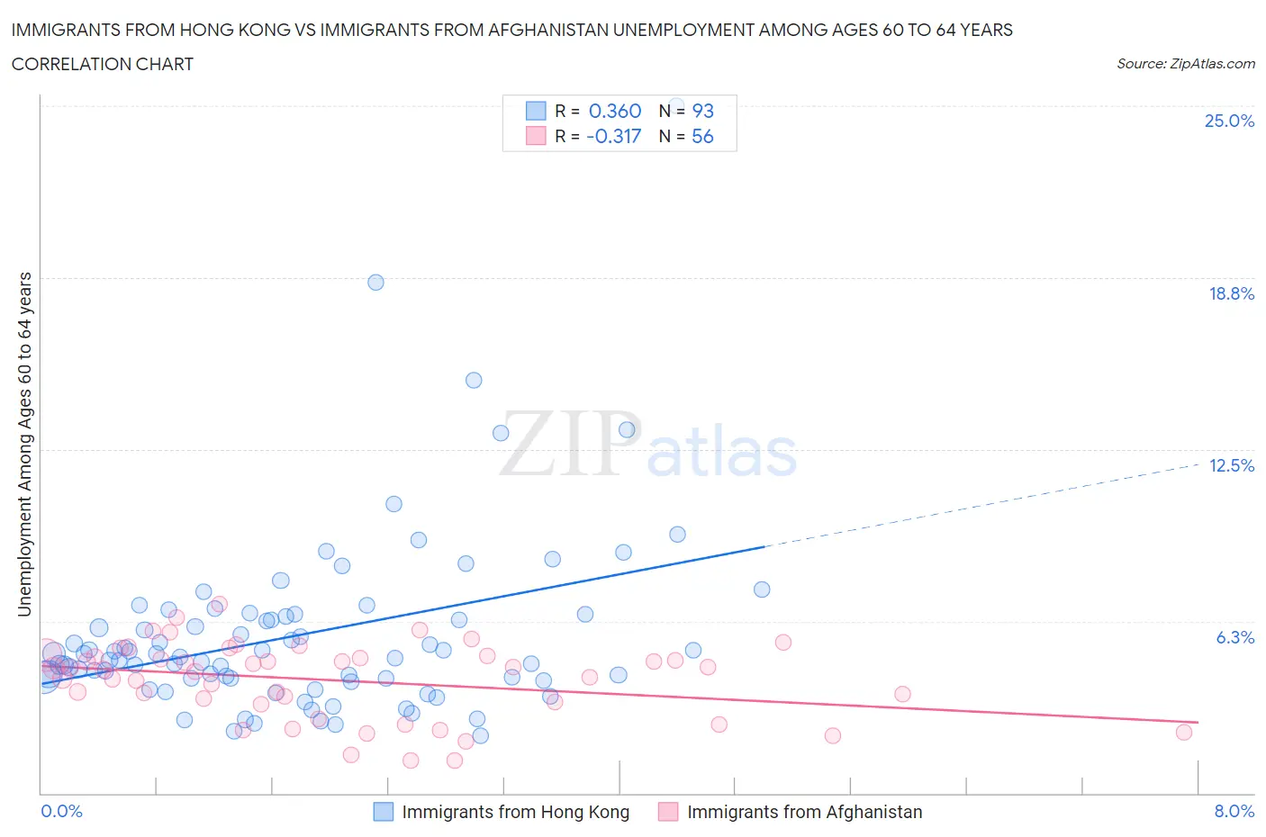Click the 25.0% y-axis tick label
(1229, 121)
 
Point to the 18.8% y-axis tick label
(1231, 293)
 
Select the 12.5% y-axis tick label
(1231, 465)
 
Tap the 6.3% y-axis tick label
(1234, 637)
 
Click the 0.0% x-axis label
(61, 811)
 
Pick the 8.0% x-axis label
(1234, 811)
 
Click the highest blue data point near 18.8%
(375, 283)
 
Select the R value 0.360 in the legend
(614, 111)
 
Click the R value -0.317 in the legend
(613, 136)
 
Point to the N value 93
(702, 111)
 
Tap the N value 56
(702, 136)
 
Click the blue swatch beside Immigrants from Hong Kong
(384, 812)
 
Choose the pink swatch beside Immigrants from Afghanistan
(668, 812)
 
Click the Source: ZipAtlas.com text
(1185, 64)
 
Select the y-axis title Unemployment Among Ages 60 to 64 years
(24, 445)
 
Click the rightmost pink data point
(1184, 733)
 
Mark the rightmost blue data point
(762, 589)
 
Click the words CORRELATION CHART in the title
(103, 64)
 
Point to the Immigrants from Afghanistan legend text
(804, 812)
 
